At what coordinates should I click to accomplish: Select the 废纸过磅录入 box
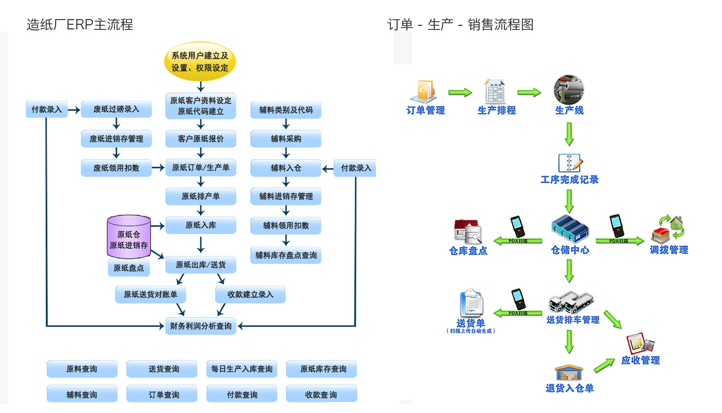point(116,109)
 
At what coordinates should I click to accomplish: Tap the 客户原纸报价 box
point(201,139)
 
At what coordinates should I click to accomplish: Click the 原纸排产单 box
point(201,197)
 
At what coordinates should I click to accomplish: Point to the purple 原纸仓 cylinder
point(128,237)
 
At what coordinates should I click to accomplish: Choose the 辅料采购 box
point(286,139)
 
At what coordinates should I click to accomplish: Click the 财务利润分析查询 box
point(201,326)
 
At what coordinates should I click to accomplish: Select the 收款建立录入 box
point(250,295)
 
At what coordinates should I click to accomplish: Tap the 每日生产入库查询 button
point(242,369)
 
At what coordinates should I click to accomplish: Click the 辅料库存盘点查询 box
point(286,255)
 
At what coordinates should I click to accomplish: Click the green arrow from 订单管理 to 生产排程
point(460,92)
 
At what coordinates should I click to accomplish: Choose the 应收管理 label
point(641,360)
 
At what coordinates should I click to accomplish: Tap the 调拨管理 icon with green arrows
point(668,230)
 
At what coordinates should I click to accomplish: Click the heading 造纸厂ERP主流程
point(80,24)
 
